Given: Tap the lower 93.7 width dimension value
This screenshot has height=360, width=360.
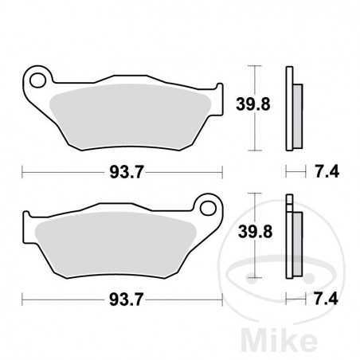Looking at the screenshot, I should click(122, 300).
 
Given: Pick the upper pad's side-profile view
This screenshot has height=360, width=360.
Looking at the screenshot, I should click(292, 108).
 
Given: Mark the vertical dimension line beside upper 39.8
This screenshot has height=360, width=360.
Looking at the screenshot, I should click(254, 80).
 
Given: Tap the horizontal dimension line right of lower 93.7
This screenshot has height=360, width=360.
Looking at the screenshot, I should click(183, 300).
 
